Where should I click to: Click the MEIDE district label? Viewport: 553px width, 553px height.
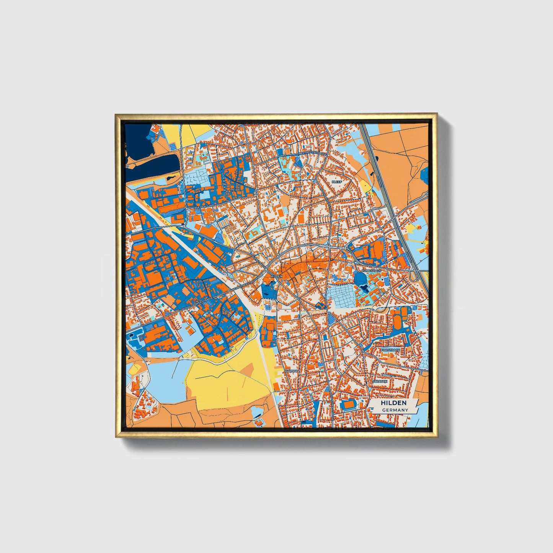tap(235, 189)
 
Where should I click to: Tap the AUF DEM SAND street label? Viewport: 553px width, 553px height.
tap(205, 206)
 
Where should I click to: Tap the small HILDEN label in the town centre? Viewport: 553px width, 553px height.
tap(276, 276)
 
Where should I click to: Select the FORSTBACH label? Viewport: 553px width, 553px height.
tap(390, 350)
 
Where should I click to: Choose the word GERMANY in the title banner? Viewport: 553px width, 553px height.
tap(395, 410)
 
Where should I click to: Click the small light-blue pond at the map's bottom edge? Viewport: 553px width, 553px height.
tap(258, 413)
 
